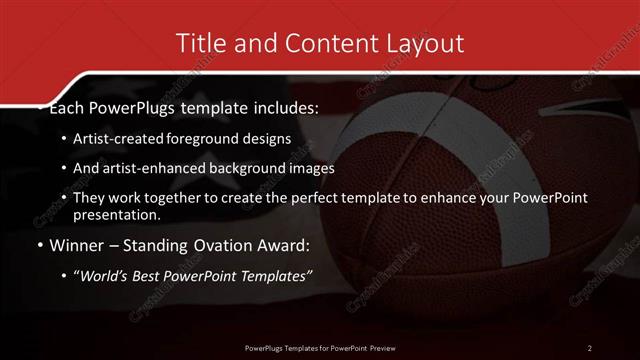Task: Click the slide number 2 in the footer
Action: [x=589, y=347]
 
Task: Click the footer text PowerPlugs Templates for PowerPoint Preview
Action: [x=320, y=347]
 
